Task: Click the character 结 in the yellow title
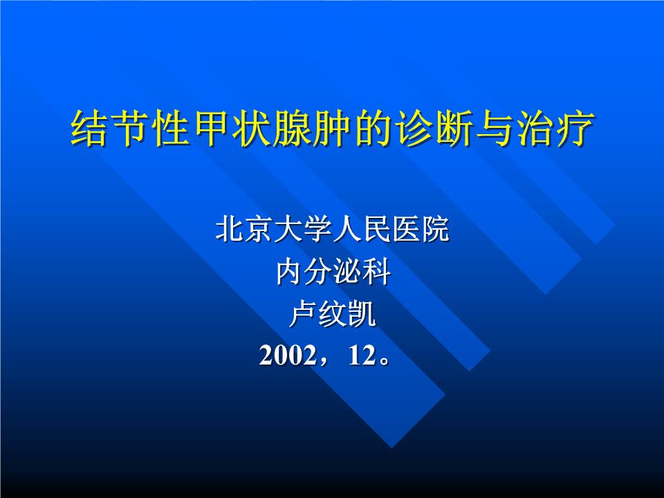tap(89, 128)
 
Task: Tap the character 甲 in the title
tap(205, 128)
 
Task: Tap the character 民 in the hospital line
tap(376, 230)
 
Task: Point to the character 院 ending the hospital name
tap(434, 230)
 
